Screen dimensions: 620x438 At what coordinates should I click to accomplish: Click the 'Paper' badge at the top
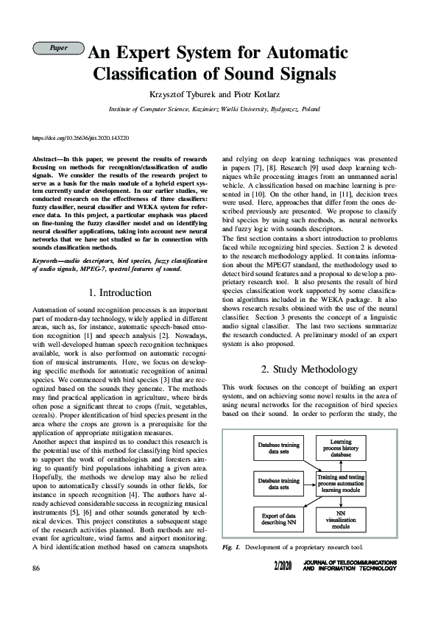pos(58,48)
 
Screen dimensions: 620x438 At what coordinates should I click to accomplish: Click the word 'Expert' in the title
pos(154,54)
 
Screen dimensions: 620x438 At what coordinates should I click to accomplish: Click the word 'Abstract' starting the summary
pos(47,160)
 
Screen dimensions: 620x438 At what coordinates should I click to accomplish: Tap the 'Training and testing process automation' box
pos(340,482)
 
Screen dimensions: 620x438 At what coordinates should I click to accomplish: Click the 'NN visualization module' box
pos(340,520)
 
